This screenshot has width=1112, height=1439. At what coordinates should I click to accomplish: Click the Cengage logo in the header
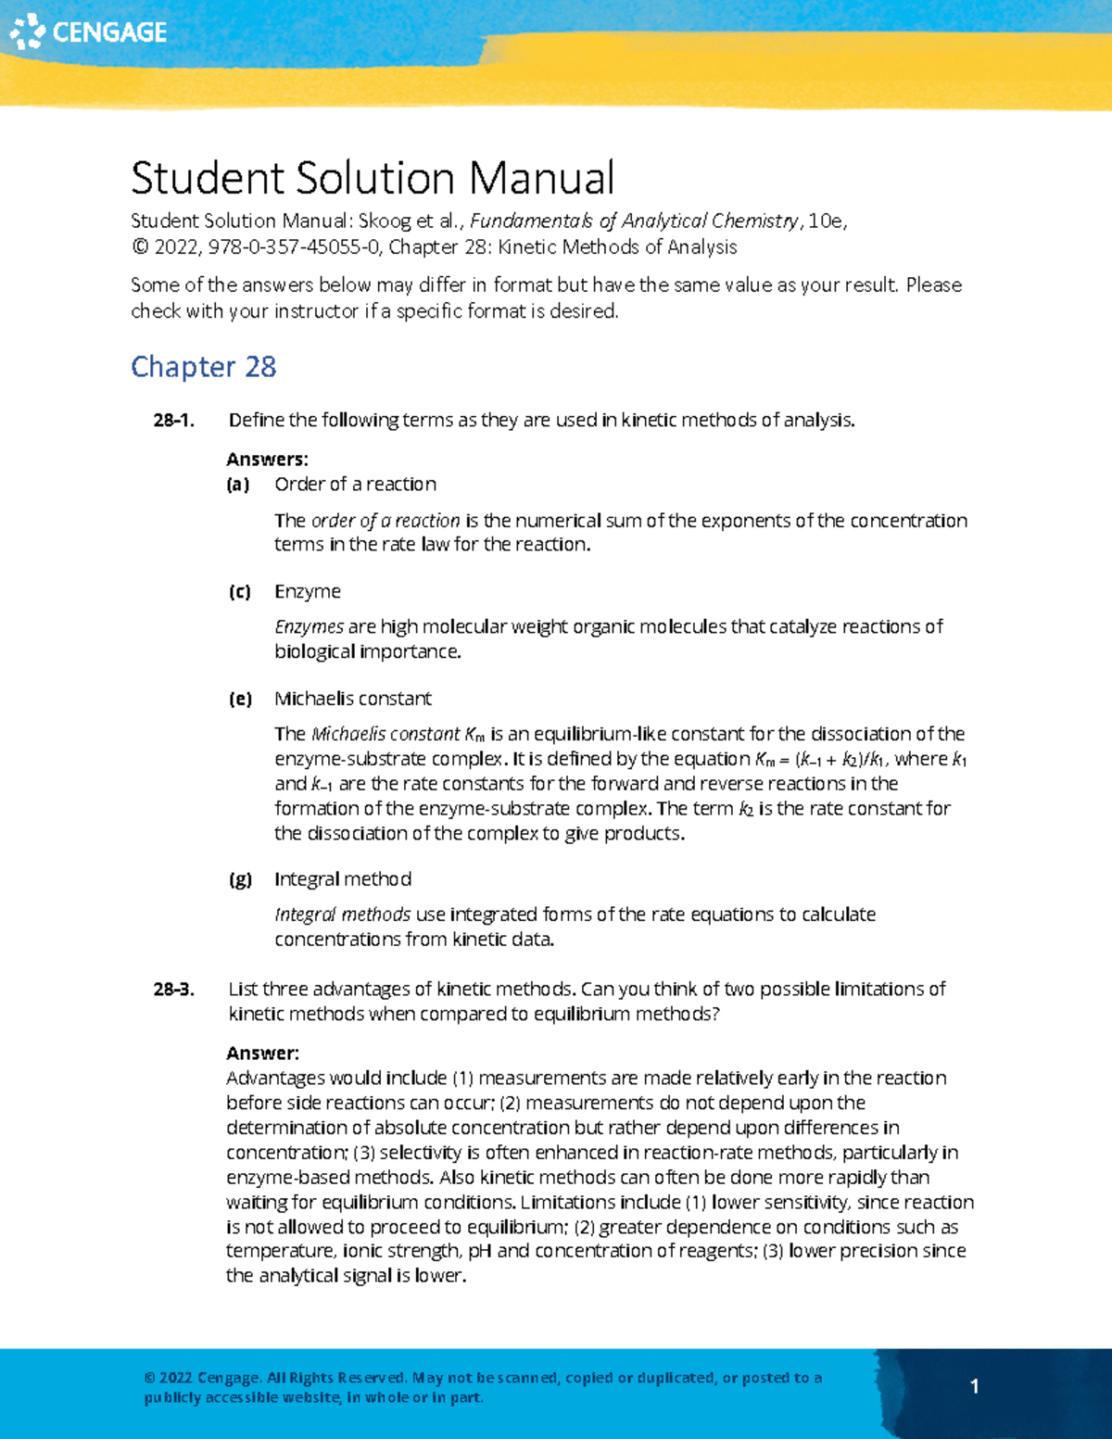(88, 32)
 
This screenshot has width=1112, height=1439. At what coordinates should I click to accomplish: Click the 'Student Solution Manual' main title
(373, 178)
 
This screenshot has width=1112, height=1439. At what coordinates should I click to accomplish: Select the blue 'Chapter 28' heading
(203, 367)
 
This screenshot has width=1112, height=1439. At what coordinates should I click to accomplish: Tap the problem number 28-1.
(173, 421)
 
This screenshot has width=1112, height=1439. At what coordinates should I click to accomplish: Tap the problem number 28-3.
(173, 990)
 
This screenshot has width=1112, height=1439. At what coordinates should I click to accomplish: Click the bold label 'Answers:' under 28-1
(267, 460)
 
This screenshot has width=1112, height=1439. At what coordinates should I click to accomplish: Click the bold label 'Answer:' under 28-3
(262, 1054)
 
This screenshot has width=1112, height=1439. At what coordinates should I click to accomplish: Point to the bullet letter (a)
(238, 485)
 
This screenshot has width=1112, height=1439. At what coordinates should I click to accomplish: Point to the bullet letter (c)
(239, 592)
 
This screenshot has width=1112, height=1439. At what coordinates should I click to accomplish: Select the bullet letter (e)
(240, 700)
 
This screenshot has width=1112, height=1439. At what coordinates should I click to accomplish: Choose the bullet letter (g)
(240, 880)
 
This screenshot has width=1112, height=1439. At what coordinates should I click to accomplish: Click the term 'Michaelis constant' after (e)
(353, 699)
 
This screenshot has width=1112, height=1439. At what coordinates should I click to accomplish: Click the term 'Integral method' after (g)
(343, 879)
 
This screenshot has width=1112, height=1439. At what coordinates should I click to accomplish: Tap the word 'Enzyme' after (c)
(308, 591)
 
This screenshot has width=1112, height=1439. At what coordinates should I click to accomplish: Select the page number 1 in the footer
(974, 1386)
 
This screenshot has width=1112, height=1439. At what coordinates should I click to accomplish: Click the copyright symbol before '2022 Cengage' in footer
(149, 1379)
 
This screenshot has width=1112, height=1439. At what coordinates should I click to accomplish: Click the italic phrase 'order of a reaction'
(385, 521)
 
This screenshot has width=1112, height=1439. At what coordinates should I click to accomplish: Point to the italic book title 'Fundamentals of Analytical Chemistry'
(634, 221)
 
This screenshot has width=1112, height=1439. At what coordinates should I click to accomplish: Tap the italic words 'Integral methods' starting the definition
(343, 915)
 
